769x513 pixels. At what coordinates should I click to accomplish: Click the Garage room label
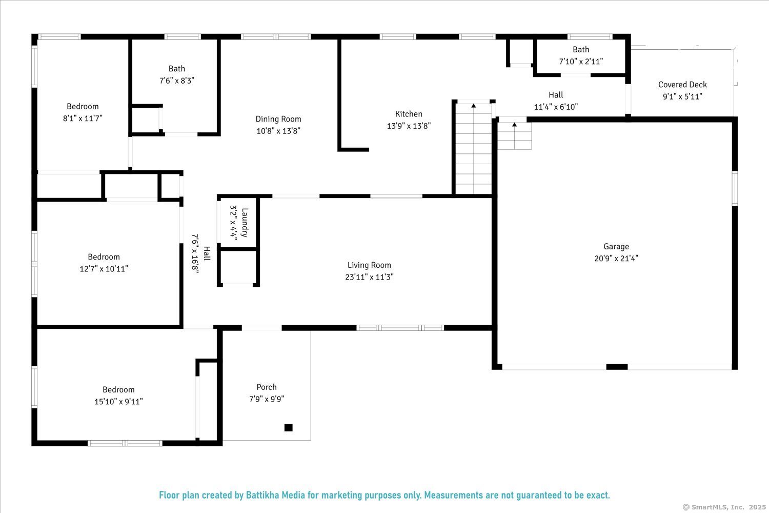coord(616,246)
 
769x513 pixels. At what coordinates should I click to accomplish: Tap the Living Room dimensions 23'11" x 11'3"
coord(369,277)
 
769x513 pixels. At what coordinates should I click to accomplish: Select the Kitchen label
coord(409,114)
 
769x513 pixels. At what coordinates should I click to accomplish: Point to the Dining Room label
coord(278,119)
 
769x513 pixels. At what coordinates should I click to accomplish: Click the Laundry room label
coord(245,223)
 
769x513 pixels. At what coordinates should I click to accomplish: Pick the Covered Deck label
coord(682,85)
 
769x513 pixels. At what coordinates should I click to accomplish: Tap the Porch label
coord(267,387)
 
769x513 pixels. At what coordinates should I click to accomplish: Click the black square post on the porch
coord(288,427)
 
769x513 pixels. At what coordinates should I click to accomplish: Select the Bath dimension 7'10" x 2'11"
coord(581,62)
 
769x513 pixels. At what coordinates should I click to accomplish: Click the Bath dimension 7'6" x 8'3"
coord(177,81)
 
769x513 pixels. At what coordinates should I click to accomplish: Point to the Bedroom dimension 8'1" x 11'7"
coord(83,119)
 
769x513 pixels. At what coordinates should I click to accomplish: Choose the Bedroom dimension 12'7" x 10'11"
coord(104,269)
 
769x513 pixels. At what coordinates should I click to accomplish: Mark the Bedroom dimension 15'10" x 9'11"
coord(118,402)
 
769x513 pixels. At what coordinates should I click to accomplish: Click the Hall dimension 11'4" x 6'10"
coord(556,107)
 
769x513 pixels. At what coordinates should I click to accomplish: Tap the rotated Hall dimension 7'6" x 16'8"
coord(195,253)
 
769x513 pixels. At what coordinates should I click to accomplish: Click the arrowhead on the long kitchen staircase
coord(473,106)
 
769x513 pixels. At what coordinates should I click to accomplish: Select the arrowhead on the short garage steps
coord(514,124)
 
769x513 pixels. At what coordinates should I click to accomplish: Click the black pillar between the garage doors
coord(617,367)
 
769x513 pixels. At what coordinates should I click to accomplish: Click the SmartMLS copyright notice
coord(724,507)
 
